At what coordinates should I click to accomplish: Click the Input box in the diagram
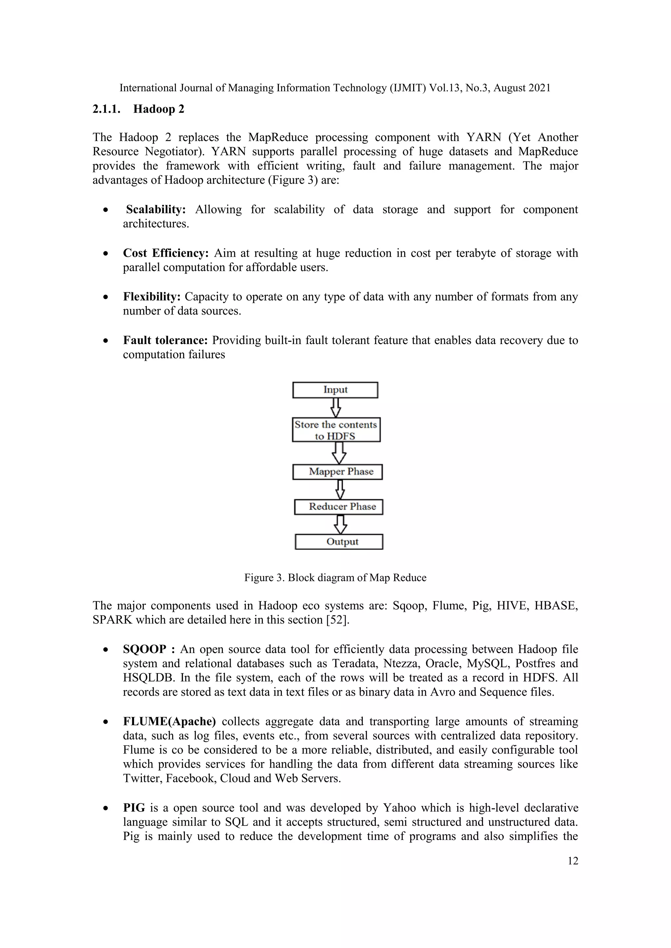point(335,390)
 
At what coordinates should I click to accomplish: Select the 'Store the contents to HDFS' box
point(336,430)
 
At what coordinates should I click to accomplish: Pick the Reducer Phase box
point(339,507)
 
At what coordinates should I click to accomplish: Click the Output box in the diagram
point(339,542)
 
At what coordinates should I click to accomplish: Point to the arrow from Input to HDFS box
point(336,408)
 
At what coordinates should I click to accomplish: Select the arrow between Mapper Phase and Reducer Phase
point(340,489)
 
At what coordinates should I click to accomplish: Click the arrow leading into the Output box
point(340,524)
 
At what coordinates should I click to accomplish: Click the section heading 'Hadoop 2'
point(159,109)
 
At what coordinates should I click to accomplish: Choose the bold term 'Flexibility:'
point(152,297)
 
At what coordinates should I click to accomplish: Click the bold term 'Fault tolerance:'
point(165,340)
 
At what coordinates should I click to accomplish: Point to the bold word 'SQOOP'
point(144,649)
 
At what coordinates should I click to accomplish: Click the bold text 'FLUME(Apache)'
point(169,721)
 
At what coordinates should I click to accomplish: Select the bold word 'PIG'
point(134,808)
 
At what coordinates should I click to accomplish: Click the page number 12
point(573,861)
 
